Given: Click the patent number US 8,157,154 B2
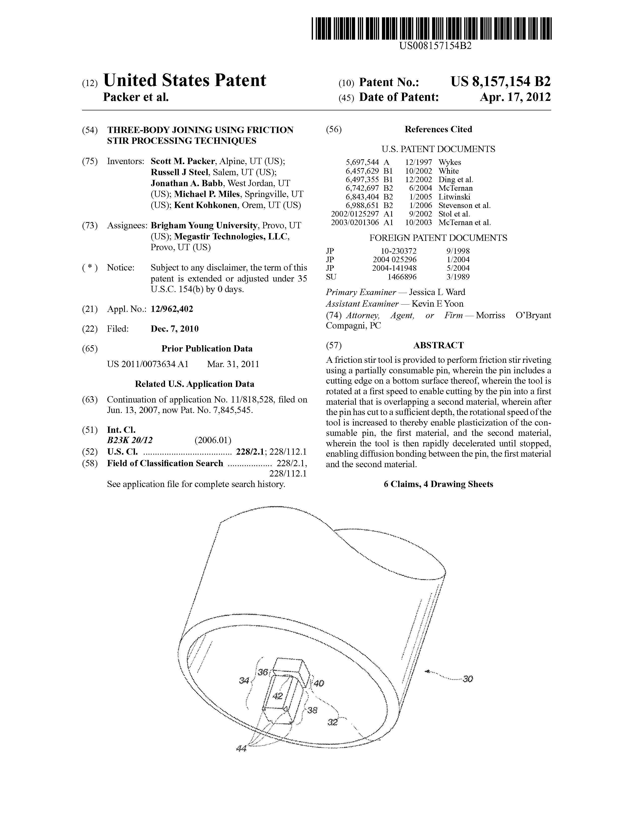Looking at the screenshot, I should (x=500, y=82).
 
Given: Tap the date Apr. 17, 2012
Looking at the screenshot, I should (x=515, y=97).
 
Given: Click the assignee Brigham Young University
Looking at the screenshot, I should (x=204, y=226).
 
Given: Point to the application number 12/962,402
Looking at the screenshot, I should (x=172, y=309).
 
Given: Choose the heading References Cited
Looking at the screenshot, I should (x=438, y=129).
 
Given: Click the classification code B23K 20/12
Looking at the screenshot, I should (x=130, y=440).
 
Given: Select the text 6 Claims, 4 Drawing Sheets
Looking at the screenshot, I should (x=438, y=484).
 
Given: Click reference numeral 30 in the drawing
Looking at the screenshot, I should (x=468, y=679).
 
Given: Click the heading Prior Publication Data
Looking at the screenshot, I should (x=207, y=349).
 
